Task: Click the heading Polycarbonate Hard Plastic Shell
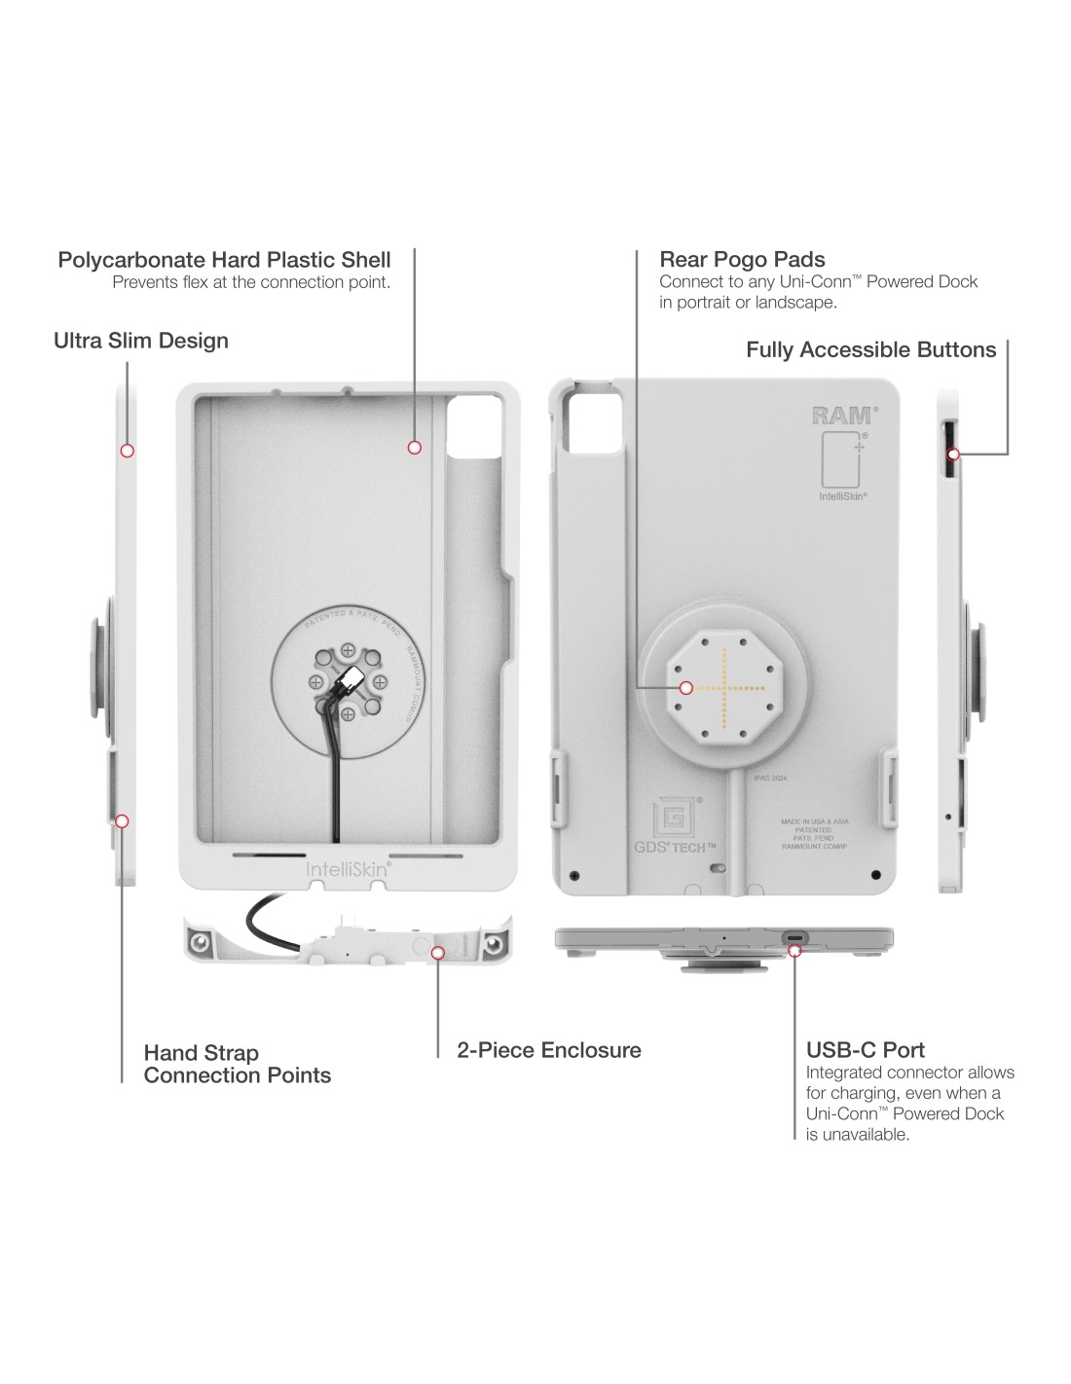224,260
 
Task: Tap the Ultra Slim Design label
141,341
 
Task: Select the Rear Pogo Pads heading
742,260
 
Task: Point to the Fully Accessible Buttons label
870,350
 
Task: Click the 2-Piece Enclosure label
549,1050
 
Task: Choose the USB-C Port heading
865,1050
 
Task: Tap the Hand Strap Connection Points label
237,1064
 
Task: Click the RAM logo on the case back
842,416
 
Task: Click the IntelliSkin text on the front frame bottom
349,868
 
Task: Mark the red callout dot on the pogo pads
686,688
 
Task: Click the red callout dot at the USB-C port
795,950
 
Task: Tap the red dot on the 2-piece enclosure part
438,954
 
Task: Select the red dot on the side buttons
954,455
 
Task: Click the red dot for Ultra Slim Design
127,451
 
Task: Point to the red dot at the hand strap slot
122,821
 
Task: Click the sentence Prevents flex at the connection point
251,283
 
